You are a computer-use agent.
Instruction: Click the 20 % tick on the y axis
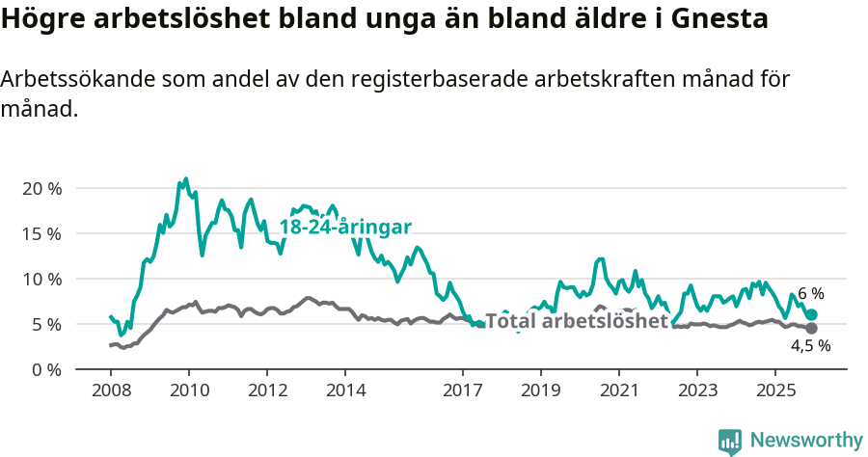coord(41,188)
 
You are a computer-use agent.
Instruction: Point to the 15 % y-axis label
coord(41,233)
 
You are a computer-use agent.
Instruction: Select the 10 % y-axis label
coord(41,279)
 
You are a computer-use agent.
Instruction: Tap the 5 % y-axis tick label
coord(45,324)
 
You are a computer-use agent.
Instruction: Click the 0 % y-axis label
coord(45,369)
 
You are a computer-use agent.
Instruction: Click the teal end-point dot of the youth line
coord(812,314)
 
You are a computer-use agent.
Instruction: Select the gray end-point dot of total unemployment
coord(812,329)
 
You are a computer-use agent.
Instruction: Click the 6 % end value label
coord(811,294)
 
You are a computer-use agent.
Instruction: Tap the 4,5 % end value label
coord(810,345)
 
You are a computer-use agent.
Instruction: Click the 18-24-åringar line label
coord(345,227)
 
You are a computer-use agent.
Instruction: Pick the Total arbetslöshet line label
coord(576,321)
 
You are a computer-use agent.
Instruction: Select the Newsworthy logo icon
coord(730,442)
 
